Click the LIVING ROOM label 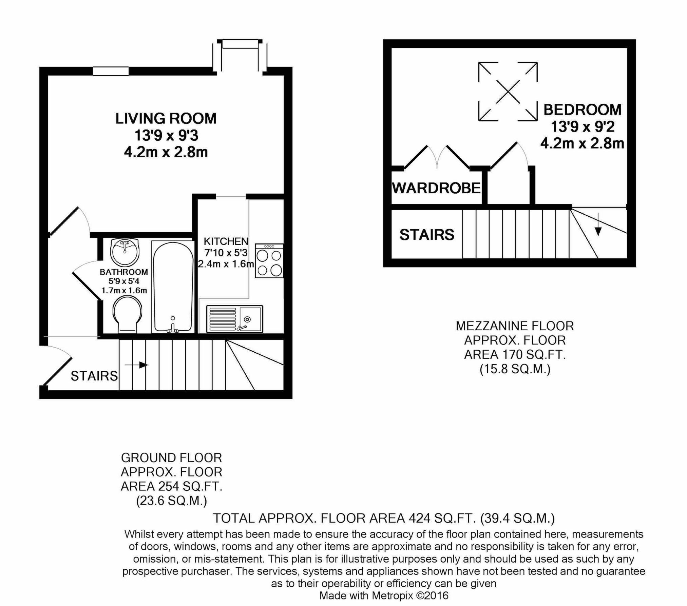coord(166,119)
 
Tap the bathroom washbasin coord(125,251)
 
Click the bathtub coord(172,287)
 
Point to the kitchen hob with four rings coord(269,261)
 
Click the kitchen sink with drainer coord(234,319)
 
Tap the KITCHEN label coord(226,241)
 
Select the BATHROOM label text coord(124,272)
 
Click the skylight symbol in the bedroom coord(508,91)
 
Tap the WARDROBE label coord(436,188)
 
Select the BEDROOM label coord(582,110)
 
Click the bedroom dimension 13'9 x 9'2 coord(582,127)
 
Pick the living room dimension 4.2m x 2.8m coord(166,152)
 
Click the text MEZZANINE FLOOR coord(515,326)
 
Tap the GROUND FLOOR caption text coord(171,458)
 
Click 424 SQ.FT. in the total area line coord(442,518)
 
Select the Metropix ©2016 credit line coord(384,595)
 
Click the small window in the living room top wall coord(111,71)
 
